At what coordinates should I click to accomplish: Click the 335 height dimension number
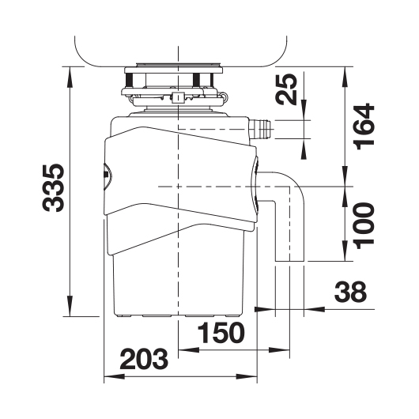pyautogui.click(x=53, y=188)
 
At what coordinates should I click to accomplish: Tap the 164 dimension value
pyautogui.click(x=364, y=126)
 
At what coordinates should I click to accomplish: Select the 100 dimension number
pyautogui.click(x=364, y=226)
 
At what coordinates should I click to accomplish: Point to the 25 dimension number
pyautogui.click(x=286, y=89)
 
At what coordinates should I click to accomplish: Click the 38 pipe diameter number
pyautogui.click(x=350, y=291)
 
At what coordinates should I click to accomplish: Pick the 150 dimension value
pyautogui.click(x=221, y=332)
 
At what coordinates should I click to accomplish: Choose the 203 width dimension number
pyautogui.click(x=144, y=359)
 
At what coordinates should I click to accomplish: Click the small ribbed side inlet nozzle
pyautogui.click(x=260, y=130)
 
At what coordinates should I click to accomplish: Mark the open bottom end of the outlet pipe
pyautogui.click(x=289, y=261)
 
